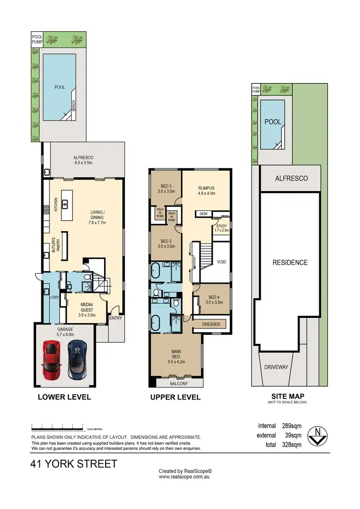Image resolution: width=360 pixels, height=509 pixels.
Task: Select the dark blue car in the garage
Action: click(76, 359)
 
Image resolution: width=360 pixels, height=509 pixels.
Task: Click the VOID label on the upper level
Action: click(221, 262)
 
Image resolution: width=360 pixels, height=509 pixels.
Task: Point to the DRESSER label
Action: click(211, 324)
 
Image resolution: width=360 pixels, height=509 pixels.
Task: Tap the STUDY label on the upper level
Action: click(221, 228)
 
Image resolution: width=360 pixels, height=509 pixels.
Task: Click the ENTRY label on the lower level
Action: click(115, 318)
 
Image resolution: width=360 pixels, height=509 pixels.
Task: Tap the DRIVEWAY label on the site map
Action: click(276, 367)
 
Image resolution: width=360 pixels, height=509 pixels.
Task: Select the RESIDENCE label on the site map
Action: click(290, 263)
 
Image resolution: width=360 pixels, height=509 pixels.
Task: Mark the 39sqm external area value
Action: click(292, 436)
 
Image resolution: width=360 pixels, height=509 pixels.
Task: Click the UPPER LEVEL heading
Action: click(175, 397)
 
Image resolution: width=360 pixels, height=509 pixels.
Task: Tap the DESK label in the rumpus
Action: click(203, 213)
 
